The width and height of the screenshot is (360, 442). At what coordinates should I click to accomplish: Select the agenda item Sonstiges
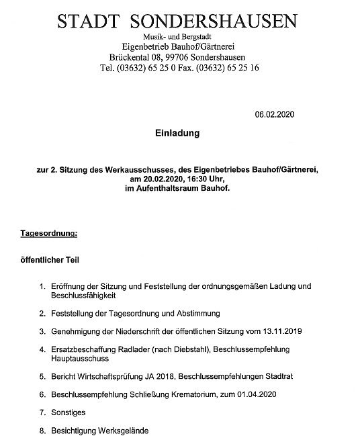69,412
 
